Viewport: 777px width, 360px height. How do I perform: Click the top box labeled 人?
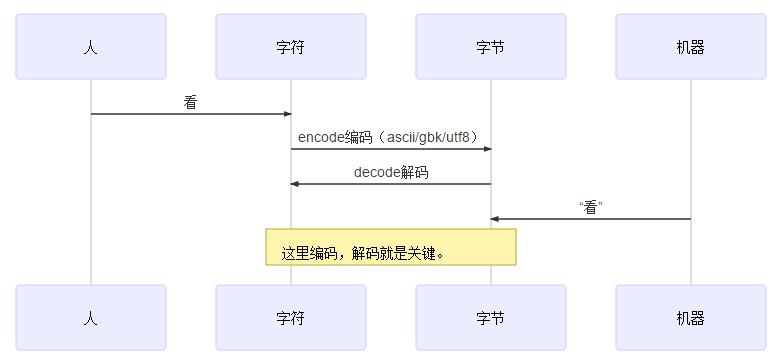91,47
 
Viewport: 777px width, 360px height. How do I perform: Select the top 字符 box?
291,47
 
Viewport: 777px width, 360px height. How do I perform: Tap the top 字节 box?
491,47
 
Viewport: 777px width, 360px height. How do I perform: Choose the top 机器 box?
691,47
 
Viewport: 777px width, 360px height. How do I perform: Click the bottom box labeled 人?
91,318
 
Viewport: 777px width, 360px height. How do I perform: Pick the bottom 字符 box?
291,318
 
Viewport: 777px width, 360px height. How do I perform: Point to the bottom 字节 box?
491,318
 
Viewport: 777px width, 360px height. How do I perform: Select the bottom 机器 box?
691,318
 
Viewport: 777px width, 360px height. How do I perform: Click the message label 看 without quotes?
191,102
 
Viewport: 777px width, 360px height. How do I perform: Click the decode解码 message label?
391,172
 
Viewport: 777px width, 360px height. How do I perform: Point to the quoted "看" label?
591,207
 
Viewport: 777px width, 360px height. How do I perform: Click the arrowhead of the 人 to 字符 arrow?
287,114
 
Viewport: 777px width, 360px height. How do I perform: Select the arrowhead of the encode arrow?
487,149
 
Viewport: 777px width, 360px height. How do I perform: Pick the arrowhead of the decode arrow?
295,184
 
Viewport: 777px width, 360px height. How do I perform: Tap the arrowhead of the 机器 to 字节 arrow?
495,219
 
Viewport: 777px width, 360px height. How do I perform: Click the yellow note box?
391,247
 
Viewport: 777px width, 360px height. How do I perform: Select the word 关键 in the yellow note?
424,254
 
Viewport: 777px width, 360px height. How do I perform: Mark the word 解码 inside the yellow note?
366,254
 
